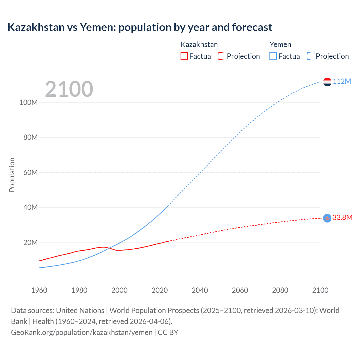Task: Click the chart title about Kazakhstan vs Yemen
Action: tap(139, 27)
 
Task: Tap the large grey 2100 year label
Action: tap(69, 89)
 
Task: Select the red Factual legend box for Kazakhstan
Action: tap(184, 56)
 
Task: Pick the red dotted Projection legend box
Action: tap(222, 56)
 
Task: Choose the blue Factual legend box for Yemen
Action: tap(273, 56)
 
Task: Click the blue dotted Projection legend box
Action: tap(310, 56)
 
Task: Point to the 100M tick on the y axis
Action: tap(28, 102)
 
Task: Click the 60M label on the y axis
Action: tap(30, 172)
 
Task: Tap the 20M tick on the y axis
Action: tap(30, 242)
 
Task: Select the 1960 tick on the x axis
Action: tap(39, 290)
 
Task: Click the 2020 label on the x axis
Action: tap(159, 290)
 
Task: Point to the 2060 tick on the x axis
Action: tap(240, 290)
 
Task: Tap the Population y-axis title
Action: tap(12, 175)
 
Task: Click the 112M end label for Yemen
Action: tap(342, 82)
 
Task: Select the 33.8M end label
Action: tap(342, 218)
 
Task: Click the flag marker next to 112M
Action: tap(327, 82)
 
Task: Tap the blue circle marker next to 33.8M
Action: tap(327, 218)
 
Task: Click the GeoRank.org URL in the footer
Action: tap(82, 332)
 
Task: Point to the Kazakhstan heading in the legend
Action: tap(199, 44)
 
